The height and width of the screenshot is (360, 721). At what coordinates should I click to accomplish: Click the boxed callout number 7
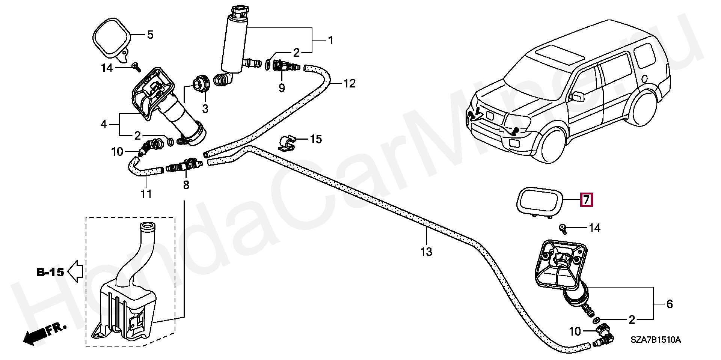tap(586, 200)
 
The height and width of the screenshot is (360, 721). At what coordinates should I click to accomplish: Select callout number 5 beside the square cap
tap(150, 35)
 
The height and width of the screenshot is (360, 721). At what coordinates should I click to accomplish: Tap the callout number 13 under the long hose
tap(426, 252)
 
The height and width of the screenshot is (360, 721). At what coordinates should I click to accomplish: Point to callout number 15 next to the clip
tap(316, 139)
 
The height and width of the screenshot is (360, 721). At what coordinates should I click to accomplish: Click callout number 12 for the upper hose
tap(349, 83)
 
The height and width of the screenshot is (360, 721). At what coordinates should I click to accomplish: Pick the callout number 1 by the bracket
tap(330, 40)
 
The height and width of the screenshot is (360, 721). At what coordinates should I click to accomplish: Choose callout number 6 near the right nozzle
tap(669, 304)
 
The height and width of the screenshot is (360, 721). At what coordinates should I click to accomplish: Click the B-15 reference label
tap(50, 272)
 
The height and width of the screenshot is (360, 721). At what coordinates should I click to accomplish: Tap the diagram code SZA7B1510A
tap(655, 340)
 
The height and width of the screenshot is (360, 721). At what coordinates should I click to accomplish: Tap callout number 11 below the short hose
tap(146, 194)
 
